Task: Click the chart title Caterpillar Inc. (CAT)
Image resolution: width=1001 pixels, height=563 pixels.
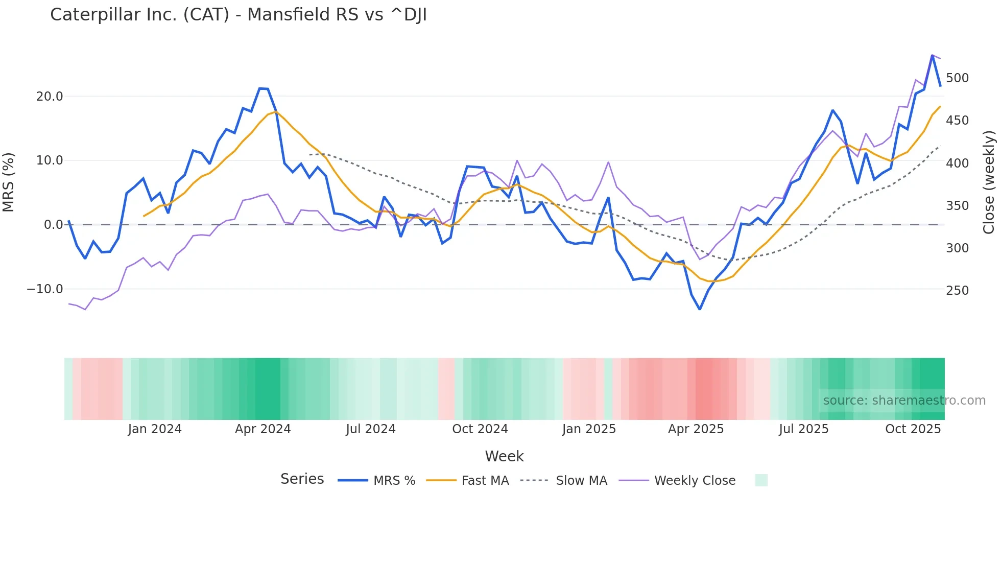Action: [238, 14]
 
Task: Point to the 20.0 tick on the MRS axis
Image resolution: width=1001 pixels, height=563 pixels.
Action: [50, 96]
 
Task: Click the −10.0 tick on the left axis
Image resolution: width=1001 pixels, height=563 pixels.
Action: [45, 289]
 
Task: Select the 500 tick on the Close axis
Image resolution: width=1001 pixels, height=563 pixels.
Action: [957, 78]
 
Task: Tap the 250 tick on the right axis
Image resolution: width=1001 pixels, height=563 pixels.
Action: [957, 290]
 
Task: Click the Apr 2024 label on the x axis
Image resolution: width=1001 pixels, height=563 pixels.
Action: [263, 429]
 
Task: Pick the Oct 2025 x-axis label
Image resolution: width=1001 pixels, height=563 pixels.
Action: [913, 429]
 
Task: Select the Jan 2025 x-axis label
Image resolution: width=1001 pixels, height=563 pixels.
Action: [589, 429]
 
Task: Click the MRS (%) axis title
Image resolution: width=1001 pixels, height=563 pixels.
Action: [9, 182]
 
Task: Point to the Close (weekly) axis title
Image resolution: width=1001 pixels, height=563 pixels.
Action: [989, 182]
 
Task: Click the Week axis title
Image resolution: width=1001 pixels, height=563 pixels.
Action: [504, 456]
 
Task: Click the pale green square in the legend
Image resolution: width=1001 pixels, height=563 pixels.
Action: [761, 480]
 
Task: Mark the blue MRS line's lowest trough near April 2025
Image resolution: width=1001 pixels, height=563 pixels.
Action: [700, 309]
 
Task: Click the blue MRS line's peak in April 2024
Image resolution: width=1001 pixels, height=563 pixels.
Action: [263, 89]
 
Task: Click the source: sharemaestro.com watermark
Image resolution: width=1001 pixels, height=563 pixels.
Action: [904, 401]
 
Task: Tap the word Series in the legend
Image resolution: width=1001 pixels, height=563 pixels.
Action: [302, 479]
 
